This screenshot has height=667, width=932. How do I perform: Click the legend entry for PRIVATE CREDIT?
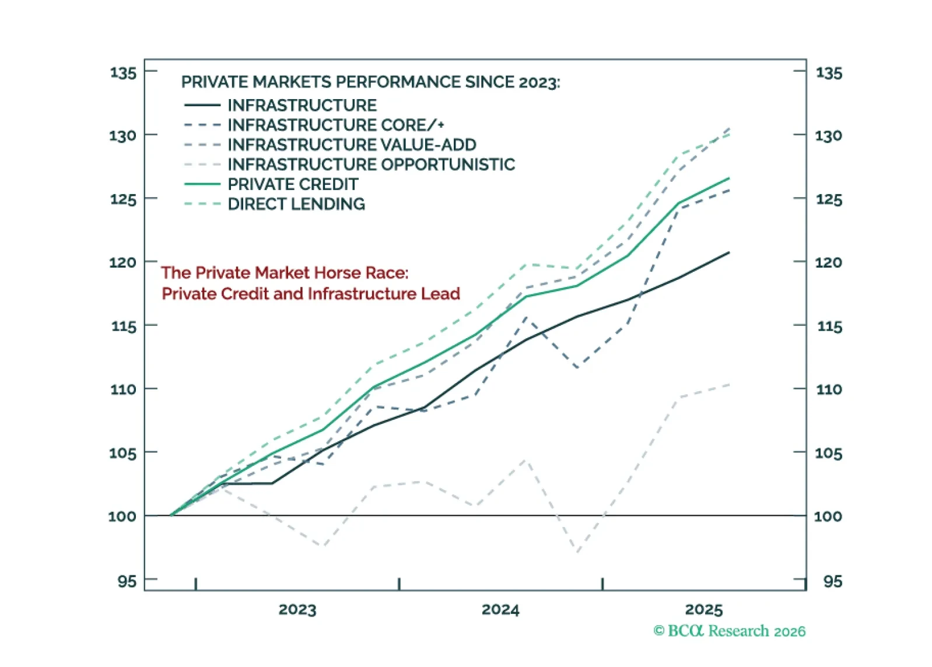click(x=292, y=184)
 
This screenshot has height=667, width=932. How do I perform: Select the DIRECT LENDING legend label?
click(x=296, y=204)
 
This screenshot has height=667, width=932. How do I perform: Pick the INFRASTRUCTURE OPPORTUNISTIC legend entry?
click(x=371, y=164)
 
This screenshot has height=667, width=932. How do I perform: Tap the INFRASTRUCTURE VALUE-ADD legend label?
click(x=352, y=145)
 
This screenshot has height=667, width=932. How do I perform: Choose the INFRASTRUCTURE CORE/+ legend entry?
click(x=336, y=125)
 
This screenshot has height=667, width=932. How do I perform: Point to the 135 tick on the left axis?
click(x=123, y=73)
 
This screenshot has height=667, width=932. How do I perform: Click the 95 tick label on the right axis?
click(x=832, y=581)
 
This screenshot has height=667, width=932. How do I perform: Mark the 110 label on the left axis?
click(x=123, y=389)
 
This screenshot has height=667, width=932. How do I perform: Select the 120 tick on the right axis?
click(x=828, y=262)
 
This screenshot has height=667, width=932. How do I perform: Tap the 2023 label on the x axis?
click(x=297, y=610)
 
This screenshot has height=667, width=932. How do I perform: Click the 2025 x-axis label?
click(x=704, y=610)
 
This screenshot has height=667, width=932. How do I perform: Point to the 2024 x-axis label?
click(x=500, y=610)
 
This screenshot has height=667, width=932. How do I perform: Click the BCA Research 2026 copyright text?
click(x=729, y=631)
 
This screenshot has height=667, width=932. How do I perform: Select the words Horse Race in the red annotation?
click(x=349, y=273)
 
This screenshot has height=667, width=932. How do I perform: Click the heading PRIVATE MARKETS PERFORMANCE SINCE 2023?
click(x=370, y=82)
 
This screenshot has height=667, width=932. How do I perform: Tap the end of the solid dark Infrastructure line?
click(x=729, y=252)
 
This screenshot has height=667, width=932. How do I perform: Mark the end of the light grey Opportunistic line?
click(x=729, y=385)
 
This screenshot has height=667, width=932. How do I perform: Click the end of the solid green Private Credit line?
click(x=729, y=178)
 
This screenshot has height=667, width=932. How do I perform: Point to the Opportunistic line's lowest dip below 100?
click(x=577, y=552)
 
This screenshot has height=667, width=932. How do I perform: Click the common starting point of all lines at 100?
click(x=170, y=515)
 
